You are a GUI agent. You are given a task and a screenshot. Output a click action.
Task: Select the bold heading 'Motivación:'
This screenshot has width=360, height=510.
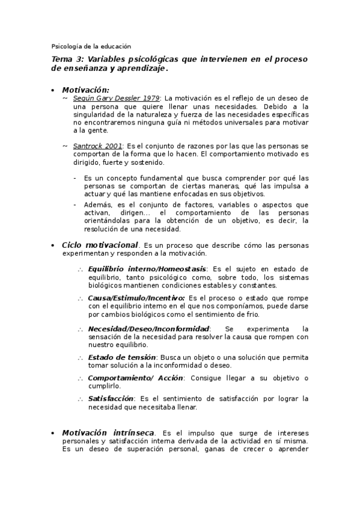click(85, 89)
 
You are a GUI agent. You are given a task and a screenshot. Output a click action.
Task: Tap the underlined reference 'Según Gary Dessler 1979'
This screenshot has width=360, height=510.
click(116, 97)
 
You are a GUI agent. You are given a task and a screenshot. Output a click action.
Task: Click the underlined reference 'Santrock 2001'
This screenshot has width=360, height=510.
click(97, 146)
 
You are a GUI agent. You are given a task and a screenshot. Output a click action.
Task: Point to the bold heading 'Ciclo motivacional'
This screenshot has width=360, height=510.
click(100, 245)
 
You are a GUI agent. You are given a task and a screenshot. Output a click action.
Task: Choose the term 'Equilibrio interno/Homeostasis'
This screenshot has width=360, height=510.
click(147, 268)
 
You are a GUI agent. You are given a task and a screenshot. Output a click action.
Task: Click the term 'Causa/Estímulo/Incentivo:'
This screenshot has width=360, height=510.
click(136, 298)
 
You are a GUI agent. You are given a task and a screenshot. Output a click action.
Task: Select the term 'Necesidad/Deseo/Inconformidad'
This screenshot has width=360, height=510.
click(148, 328)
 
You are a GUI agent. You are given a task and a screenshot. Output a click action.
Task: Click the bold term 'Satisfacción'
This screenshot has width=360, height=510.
click(111, 398)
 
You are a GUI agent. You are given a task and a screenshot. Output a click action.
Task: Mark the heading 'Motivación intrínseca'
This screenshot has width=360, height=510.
click(108, 432)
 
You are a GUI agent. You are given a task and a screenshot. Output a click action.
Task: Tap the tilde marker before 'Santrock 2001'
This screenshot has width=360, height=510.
click(65, 146)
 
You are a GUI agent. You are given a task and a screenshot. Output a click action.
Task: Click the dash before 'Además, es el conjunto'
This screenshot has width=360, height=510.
click(75, 204)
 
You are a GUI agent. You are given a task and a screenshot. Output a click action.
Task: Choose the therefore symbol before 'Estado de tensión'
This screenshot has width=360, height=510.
click(80, 357)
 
